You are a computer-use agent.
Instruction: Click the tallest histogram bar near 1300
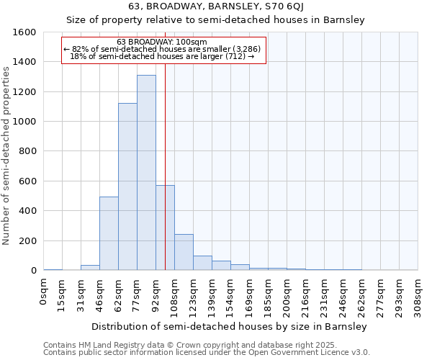pos(146,173)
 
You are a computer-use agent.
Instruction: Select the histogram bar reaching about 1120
pos(127,186)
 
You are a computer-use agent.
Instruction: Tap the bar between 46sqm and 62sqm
pos(109,233)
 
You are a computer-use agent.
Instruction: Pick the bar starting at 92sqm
pos(165,228)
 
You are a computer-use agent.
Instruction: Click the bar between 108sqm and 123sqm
pos(184,252)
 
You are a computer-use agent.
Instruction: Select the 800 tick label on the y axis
pos(28,151)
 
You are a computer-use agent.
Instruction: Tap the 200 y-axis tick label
pos(28,241)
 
